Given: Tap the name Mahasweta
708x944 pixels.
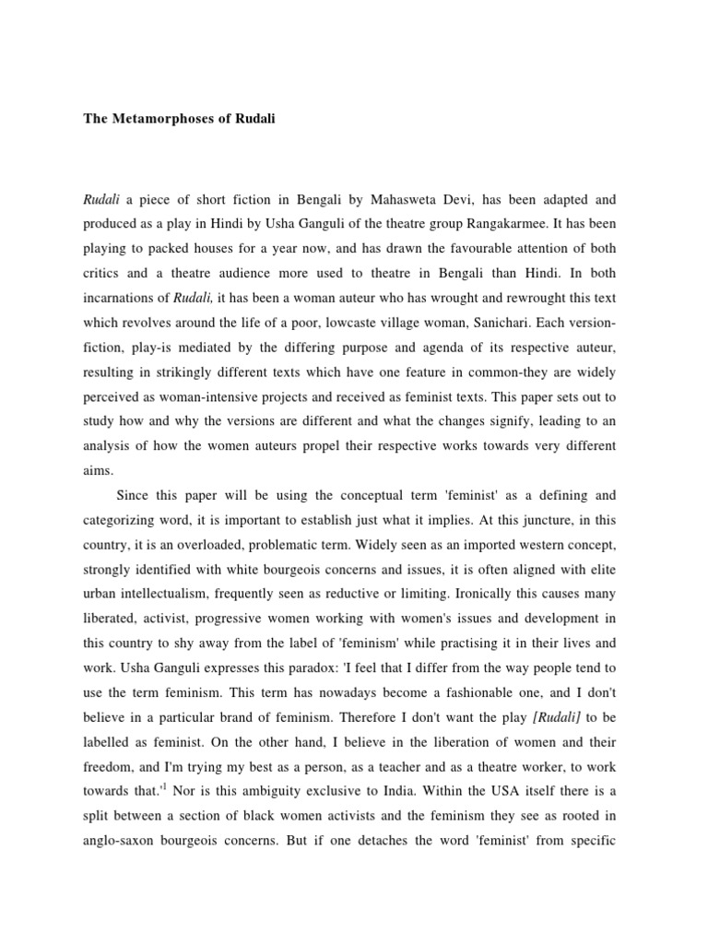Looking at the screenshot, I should tap(407, 199).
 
